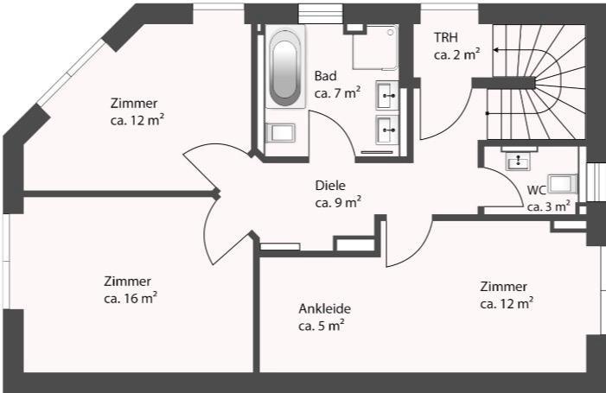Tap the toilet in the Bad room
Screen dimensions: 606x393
pyautogui.click(x=281, y=132)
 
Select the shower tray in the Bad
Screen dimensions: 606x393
pyautogui.click(x=375, y=48)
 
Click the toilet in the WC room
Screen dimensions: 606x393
pyautogui.click(x=563, y=184)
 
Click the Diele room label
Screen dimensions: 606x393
pyautogui.click(x=330, y=186)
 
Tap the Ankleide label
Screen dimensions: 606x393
pyautogui.click(x=325, y=309)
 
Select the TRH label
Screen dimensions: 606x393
pyautogui.click(x=446, y=37)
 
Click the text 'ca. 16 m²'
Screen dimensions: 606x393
pyautogui.click(x=131, y=298)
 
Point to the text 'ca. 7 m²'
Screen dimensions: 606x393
pyautogui.click(x=338, y=92)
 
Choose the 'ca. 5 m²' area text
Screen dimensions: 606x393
pyautogui.click(x=322, y=326)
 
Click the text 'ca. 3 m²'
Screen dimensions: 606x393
pyautogui.click(x=549, y=206)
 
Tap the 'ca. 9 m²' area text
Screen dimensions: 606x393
pyautogui.click(x=339, y=202)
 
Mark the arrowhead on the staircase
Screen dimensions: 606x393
pyautogui.click(x=495, y=50)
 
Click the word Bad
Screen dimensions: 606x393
pyautogui.click(x=325, y=76)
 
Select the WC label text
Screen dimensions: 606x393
pyautogui.click(x=537, y=190)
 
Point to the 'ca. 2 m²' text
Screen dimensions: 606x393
pyautogui.click(x=457, y=54)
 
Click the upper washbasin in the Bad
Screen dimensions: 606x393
pyautogui.click(x=387, y=95)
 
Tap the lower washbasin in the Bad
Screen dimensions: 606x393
pyautogui.click(x=387, y=130)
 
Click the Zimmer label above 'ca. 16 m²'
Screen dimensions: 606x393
pyautogui.click(x=127, y=281)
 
